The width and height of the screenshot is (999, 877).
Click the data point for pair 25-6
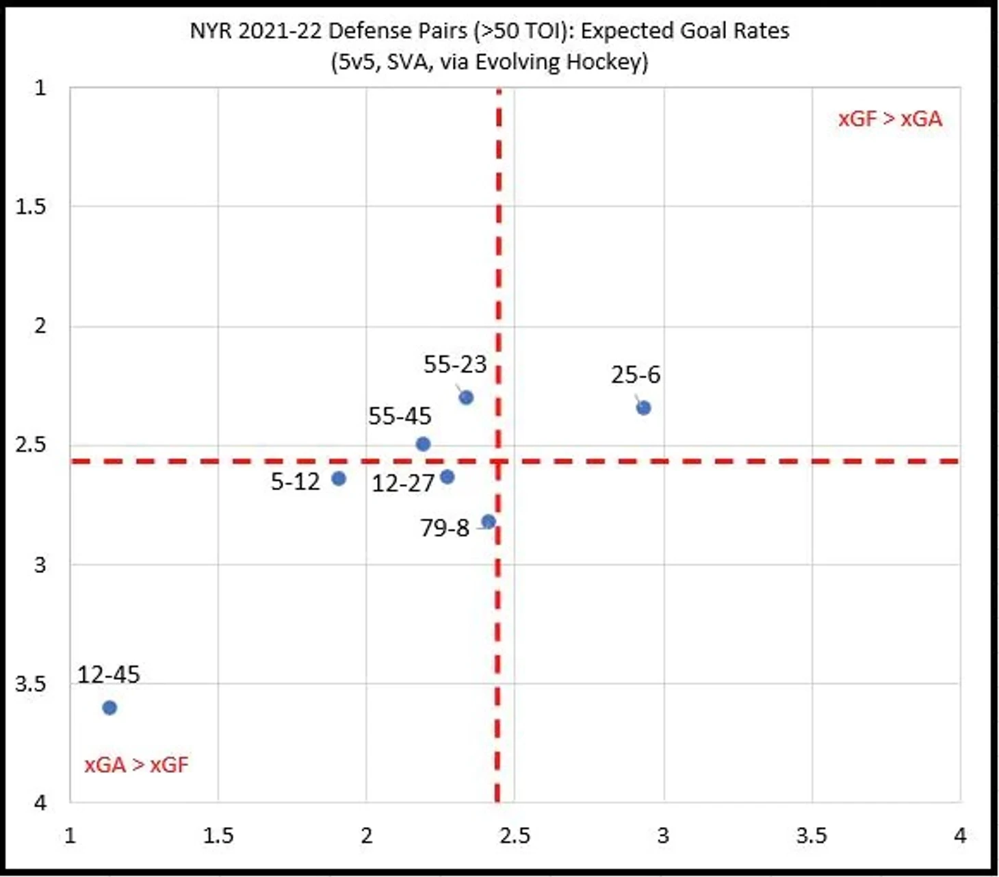(643, 408)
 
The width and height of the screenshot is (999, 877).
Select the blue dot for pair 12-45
(109, 707)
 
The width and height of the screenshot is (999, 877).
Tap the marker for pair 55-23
(466, 397)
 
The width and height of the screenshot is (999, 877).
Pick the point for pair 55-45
(423, 444)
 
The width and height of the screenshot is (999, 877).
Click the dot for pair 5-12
(338, 479)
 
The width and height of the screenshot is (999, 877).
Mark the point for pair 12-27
(447, 476)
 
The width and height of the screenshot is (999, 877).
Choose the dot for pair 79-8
(488, 522)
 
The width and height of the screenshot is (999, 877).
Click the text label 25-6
(636, 375)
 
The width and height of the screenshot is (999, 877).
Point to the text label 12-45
(108, 675)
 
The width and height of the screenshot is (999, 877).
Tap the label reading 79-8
(445, 529)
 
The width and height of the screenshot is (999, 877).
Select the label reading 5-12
(296, 482)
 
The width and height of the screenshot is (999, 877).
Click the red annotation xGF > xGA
(890, 119)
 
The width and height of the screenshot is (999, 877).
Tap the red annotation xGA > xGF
(136, 765)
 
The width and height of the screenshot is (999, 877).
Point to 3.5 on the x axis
(812, 836)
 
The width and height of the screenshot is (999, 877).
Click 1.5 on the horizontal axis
(218, 836)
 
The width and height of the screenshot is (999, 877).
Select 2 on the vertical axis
(40, 326)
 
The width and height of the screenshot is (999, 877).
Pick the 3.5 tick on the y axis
(31, 684)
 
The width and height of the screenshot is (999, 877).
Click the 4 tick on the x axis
(960, 836)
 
